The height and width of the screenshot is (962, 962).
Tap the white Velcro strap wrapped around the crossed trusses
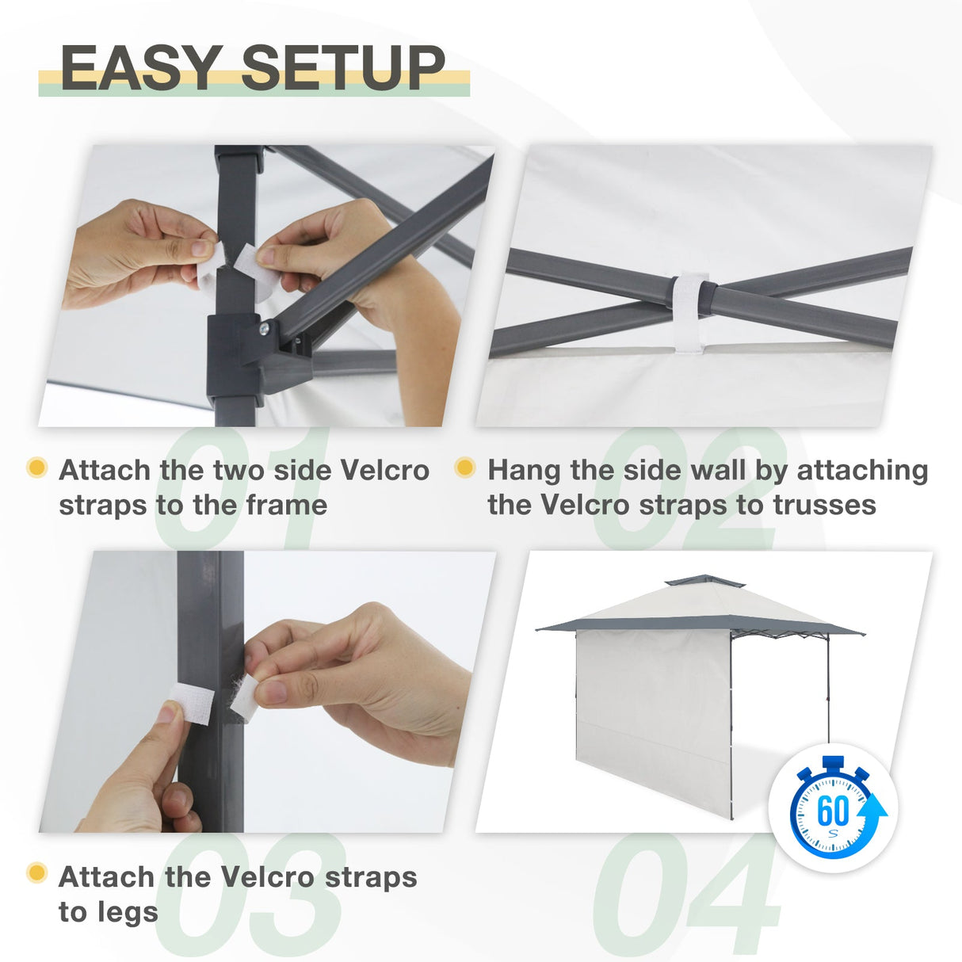click(x=689, y=312)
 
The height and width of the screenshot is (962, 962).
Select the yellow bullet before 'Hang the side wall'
click(x=465, y=468)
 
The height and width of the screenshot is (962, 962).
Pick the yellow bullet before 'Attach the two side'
click(x=36, y=468)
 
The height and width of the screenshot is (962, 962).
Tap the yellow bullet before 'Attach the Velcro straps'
click(x=36, y=873)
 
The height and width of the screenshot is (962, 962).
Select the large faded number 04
click(x=686, y=895)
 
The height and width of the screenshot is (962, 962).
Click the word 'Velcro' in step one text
click(x=385, y=470)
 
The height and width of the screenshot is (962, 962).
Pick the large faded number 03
click(x=254, y=895)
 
